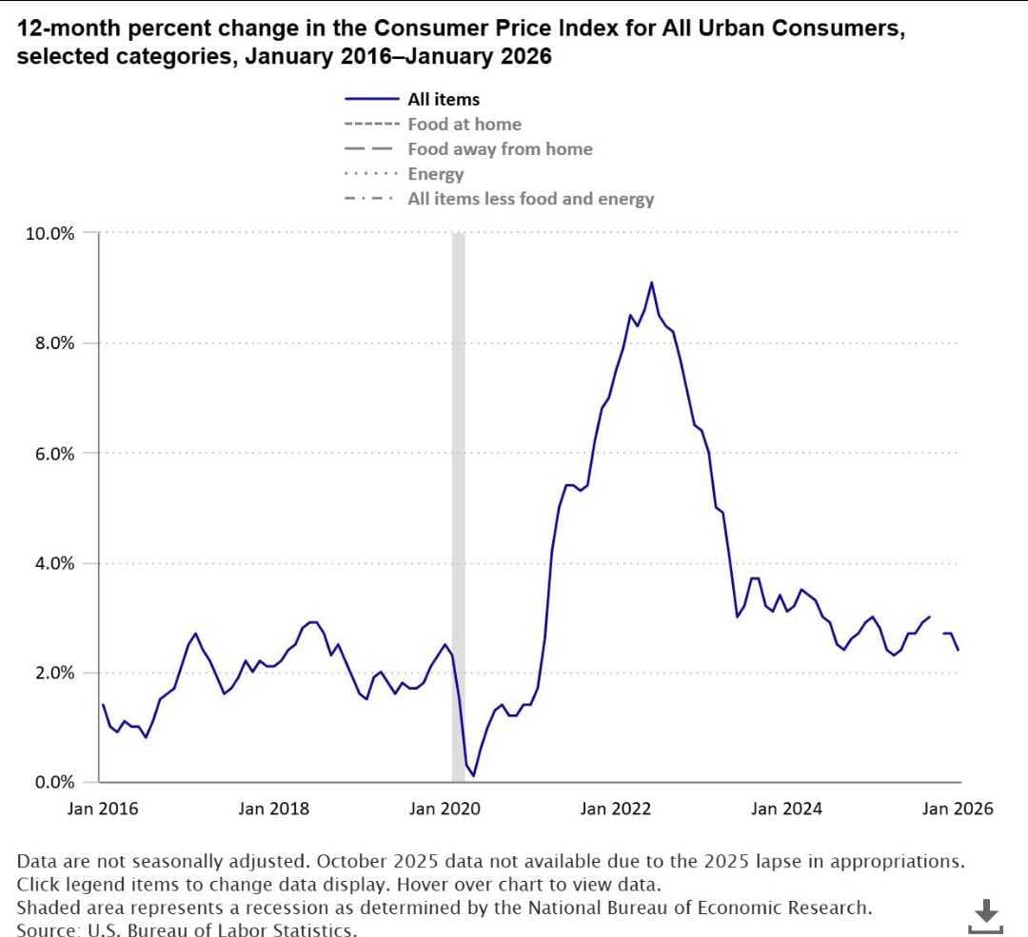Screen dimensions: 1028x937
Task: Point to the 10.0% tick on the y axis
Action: pos(49,233)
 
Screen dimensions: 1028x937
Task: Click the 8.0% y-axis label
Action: pos(54,343)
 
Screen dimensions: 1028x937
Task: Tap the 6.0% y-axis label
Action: pos(54,454)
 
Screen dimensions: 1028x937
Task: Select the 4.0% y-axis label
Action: pos(54,563)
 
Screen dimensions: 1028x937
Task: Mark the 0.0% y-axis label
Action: pos(54,782)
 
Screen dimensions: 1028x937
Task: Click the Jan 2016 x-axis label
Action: pos(103,809)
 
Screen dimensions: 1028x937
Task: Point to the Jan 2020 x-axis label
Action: pos(445,809)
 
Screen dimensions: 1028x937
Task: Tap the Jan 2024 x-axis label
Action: pos(786,809)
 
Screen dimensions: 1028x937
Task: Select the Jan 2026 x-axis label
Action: pos(958,809)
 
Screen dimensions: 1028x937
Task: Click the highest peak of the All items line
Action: pos(651,283)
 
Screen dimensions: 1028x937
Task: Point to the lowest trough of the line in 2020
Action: pos(473,776)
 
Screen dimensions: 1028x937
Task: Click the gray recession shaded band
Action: pos(458,507)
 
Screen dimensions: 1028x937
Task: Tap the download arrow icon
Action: pos(985,915)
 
